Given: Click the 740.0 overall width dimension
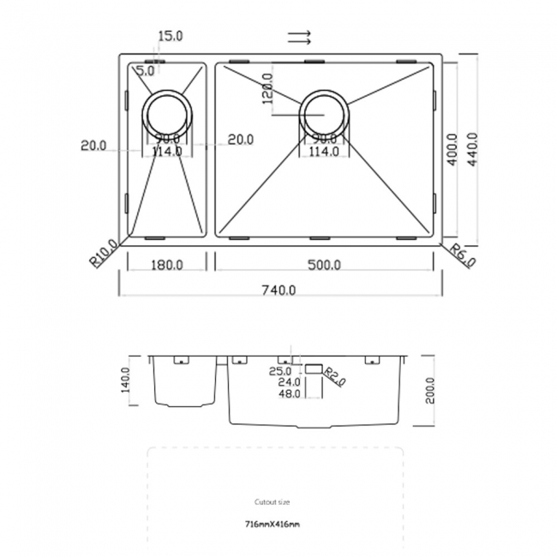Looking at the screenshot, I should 279,290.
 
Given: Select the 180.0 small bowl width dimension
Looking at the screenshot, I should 166,265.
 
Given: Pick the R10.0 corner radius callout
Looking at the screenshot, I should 105,255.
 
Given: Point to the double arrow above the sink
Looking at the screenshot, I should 299,37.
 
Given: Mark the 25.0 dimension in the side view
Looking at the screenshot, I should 280,370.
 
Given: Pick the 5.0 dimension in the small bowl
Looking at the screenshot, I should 145,71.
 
